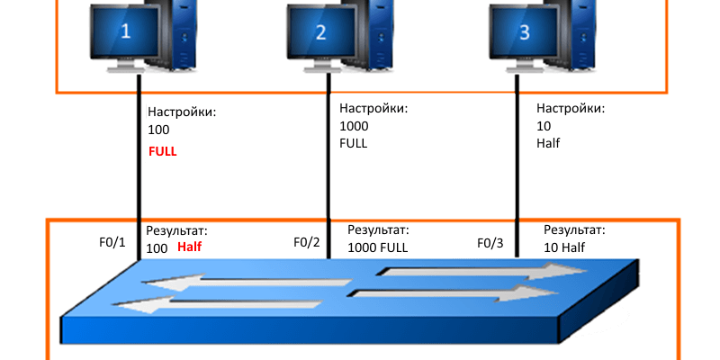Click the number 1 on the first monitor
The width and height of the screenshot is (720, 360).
(125, 31)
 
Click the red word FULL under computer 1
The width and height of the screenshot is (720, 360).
(163, 152)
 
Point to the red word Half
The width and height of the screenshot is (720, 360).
(190, 247)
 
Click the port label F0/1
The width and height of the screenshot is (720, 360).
(114, 242)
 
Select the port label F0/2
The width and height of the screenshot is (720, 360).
(308, 242)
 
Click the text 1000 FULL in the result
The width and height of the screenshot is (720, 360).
(377, 247)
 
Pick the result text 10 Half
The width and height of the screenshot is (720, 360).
(564, 247)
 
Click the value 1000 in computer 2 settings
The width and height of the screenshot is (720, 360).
(354, 126)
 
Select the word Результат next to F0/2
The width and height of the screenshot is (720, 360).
(378, 230)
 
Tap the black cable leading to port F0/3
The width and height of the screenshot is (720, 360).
(517, 180)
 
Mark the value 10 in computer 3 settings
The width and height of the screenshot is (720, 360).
(542, 126)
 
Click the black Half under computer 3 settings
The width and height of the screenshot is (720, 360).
(548, 143)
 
